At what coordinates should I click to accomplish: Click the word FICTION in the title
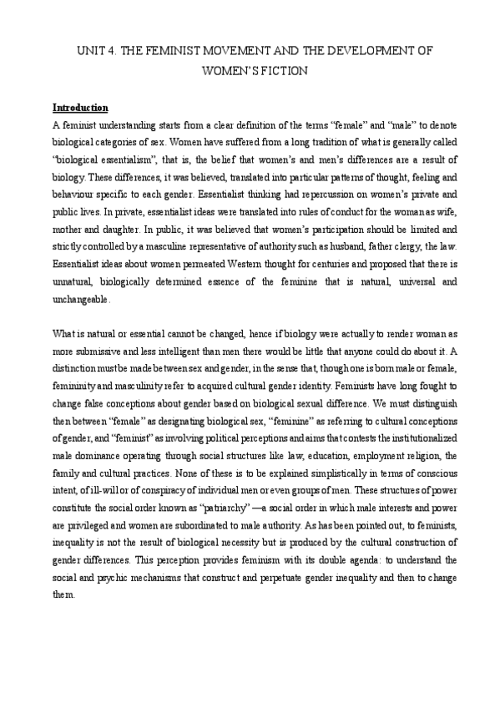(x=281, y=71)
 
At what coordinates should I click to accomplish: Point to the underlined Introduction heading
(x=80, y=108)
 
